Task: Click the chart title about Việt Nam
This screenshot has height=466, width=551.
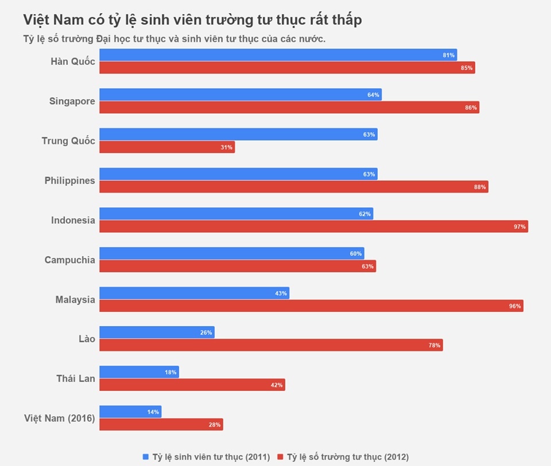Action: (192, 19)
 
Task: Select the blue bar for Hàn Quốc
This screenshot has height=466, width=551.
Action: (278, 55)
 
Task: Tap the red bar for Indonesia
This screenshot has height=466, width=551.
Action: (313, 226)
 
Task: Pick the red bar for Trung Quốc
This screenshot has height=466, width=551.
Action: (167, 147)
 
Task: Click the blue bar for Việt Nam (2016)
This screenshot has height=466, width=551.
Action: (130, 412)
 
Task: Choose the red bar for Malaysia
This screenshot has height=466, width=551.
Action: (311, 306)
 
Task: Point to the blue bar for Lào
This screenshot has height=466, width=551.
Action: (157, 332)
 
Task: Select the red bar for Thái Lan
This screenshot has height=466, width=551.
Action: (192, 385)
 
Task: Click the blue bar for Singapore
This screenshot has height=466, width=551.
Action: (240, 95)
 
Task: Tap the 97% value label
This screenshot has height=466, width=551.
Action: (519, 227)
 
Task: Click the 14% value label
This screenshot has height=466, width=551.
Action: (153, 412)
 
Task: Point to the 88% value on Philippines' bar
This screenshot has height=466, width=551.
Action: (480, 187)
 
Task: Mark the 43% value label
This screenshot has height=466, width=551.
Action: (281, 293)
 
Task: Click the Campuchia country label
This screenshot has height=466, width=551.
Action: (70, 260)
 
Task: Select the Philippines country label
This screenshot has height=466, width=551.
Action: (70, 181)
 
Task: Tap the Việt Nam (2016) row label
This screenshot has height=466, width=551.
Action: (59, 418)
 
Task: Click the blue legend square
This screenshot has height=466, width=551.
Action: (145, 457)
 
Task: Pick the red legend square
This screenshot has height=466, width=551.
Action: (280, 457)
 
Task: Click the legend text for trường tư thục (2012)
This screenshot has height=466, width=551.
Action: (348, 457)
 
